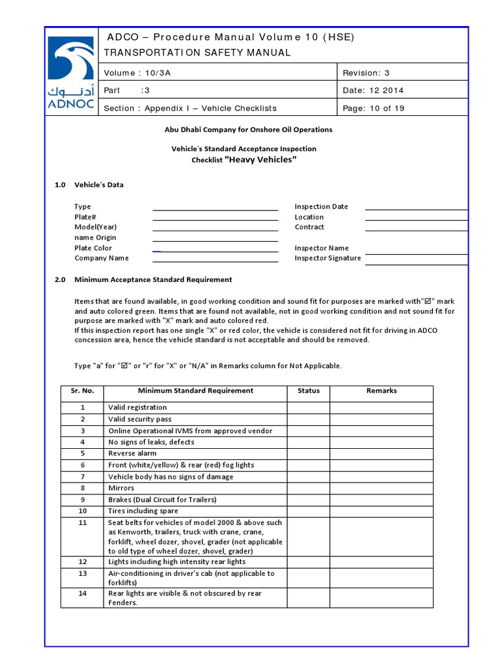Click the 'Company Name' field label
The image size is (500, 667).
coord(102,259)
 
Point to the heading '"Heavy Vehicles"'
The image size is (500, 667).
coord(260,160)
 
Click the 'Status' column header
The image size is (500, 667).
coord(309,391)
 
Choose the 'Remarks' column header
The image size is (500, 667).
coord(381,391)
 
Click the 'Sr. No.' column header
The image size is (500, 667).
coord(83,391)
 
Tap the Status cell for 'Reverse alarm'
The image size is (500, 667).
coord(309,453)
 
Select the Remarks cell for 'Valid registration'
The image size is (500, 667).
coord(381,408)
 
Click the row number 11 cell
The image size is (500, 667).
coord(83,522)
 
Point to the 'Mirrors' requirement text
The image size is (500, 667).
coord(121,488)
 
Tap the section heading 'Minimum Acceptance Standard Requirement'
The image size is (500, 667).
coord(153,279)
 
